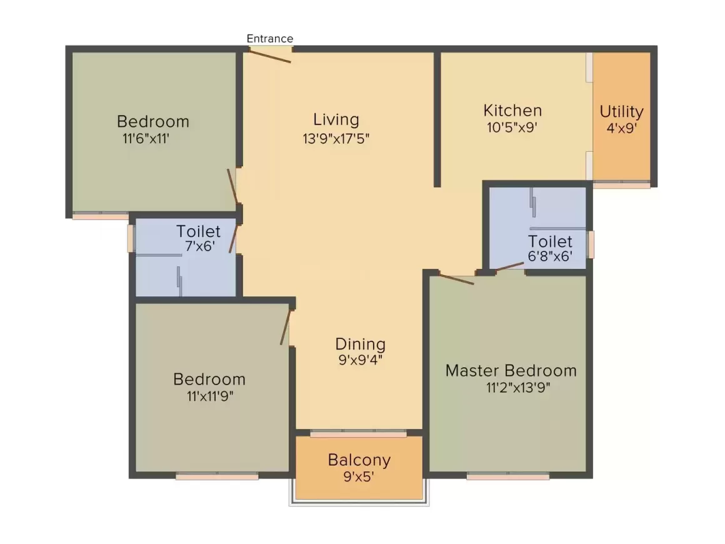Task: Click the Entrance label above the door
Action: (270, 38)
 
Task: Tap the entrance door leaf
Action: (270, 56)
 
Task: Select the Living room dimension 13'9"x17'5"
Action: (336, 138)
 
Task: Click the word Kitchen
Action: (512, 111)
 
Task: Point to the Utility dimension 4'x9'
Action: (622, 128)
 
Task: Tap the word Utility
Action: (621, 111)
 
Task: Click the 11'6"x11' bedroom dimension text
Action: (146, 138)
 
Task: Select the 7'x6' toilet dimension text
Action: (200, 246)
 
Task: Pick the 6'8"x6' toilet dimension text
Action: (550, 256)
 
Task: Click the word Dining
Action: (360, 344)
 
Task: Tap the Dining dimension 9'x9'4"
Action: (361, 360)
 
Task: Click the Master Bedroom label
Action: (511, 371)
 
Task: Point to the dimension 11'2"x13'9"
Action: (518, 387)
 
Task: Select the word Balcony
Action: (359, 460)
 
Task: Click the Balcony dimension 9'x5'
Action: (359, 476)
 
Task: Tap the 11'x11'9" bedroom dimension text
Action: (210, 396)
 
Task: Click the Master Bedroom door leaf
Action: (456, 279)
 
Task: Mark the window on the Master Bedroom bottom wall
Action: (507, 476)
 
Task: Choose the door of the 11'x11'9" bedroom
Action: (285, 327)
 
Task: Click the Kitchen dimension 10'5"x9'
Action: (512, 127)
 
